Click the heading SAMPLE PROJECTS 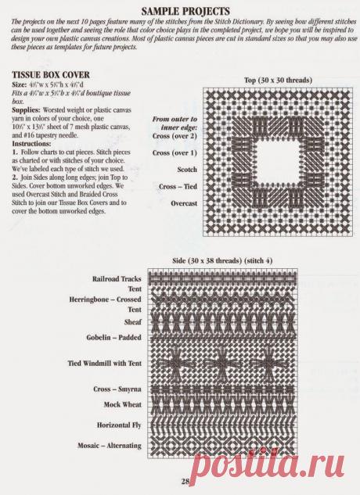179,10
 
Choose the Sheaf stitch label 132,321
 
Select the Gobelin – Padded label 114,337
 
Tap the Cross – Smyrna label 117,389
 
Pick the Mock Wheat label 122,404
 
